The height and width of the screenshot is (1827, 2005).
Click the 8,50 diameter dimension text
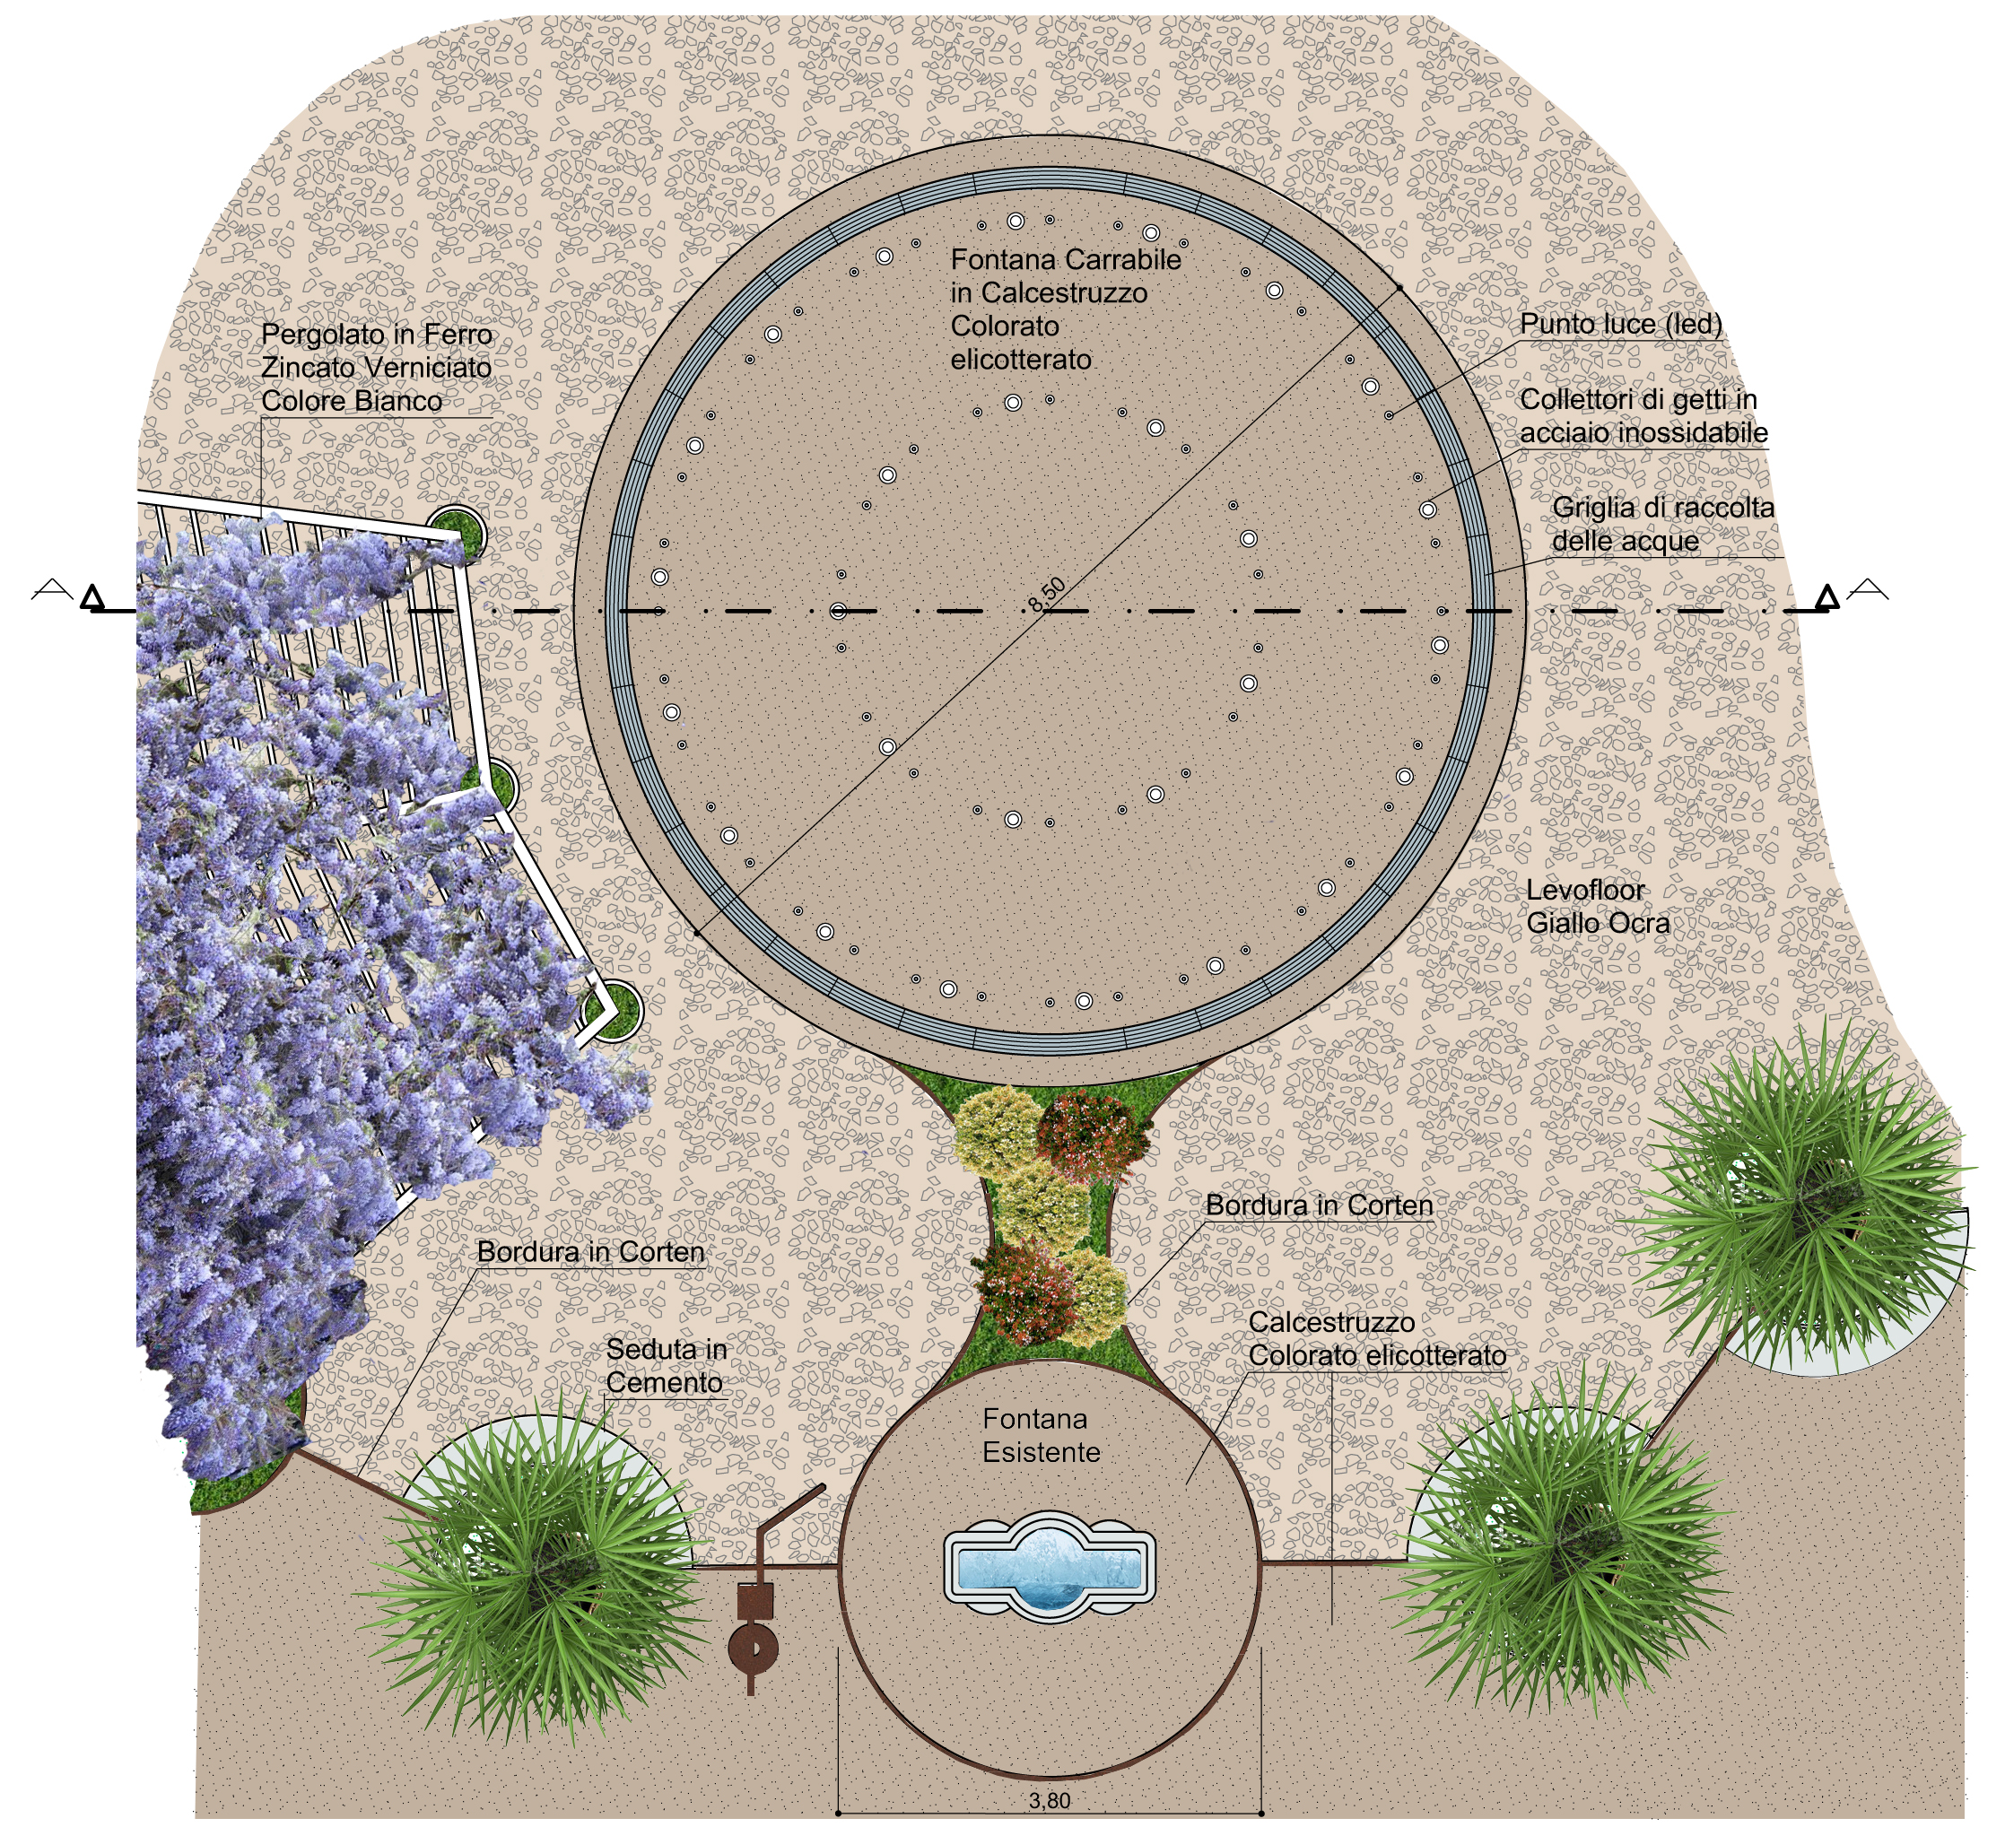click(1046, 595)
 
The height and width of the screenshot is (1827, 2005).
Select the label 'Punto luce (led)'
click(1620, 324)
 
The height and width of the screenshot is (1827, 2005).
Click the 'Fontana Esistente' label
click(1041, 1435)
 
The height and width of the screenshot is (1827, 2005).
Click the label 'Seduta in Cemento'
click(666, 1365)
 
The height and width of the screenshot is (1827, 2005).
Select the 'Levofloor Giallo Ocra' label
click(1597, 906)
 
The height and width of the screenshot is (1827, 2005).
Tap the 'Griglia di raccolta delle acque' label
click(1662, 524)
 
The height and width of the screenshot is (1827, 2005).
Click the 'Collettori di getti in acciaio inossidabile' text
click(1643, 416)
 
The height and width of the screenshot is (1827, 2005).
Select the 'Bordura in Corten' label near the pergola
click(589, 1251)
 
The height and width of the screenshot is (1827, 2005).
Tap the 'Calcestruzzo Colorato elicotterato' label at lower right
click(1376, 1339)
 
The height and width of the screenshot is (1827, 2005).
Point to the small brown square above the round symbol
click(754, 1601)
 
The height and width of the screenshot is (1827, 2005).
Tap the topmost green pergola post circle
click(458, 532)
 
